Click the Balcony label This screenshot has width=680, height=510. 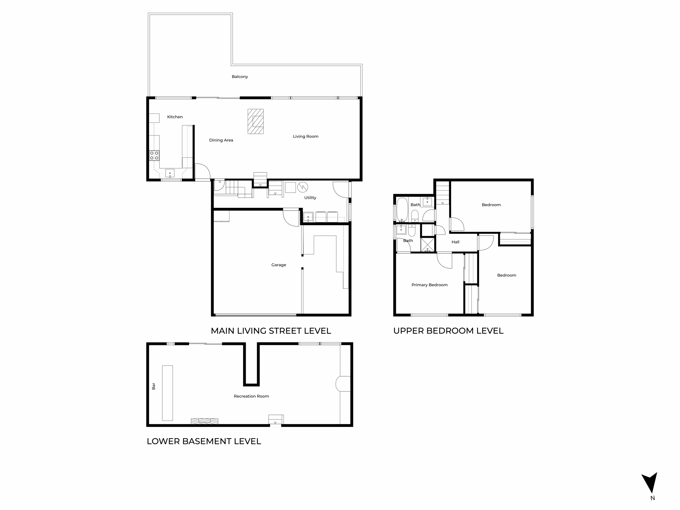tap(240, 77)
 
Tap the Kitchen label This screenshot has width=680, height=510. tap(175, 117)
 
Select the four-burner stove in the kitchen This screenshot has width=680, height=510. tap(154, 155)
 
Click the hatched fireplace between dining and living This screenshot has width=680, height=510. tap(256, 122)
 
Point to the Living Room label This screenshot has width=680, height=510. tap(305, 136)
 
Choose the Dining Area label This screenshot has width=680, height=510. tap(221, 140)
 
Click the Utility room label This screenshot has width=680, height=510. tap(310, 198)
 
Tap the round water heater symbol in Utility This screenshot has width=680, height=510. tap(302, 187)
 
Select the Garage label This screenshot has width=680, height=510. tap(279, 265)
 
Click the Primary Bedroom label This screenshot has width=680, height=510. tap(429, 285)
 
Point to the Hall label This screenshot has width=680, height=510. tap(455, 242)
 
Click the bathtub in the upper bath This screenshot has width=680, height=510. tap(402, 210)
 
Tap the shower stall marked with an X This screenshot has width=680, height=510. tap(428, 245)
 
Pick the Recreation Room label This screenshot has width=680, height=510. tap(251, 396)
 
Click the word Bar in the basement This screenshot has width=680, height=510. tap(153, 386)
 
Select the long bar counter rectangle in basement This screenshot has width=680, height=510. tap(167, 393)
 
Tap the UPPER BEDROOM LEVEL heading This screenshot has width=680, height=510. tap(448, 331)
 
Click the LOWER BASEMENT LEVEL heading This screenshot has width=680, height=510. tap(204, 441)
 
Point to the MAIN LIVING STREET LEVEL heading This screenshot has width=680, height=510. tap(271, 331)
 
